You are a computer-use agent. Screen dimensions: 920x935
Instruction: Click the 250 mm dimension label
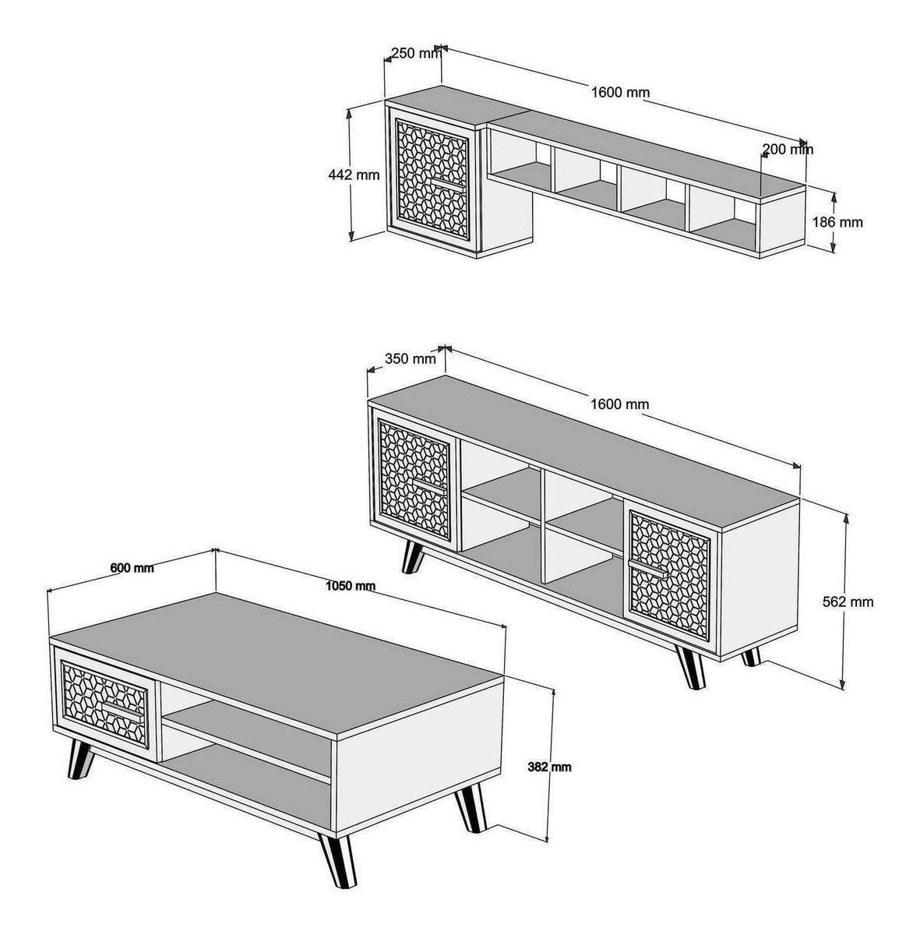tap(416, 53)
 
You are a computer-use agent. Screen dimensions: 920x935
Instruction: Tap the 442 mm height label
tap(354, 175)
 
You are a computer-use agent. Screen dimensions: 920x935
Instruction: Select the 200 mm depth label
tap(788, 149)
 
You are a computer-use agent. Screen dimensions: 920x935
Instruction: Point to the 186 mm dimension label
tap(837, 222)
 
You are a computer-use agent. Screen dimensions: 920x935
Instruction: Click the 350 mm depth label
tap(411, 359)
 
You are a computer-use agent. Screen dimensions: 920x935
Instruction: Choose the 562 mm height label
tap(848, 602)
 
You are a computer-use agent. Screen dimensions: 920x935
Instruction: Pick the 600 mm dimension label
tap(132, 568)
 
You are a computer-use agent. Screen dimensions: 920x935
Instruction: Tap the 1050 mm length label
tap(351, 586)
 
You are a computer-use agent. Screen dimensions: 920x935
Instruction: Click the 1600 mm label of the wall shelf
tap(620, 92)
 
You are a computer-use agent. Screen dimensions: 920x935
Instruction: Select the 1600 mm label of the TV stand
tap(619, 404)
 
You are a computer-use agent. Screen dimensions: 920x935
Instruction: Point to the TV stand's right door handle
tap(647, 568)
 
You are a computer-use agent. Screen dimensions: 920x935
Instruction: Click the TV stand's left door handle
tap(430, 485)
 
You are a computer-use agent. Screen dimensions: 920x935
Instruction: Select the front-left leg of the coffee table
tap(80, 760)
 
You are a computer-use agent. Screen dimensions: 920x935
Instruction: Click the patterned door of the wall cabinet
tap(432, 179)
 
